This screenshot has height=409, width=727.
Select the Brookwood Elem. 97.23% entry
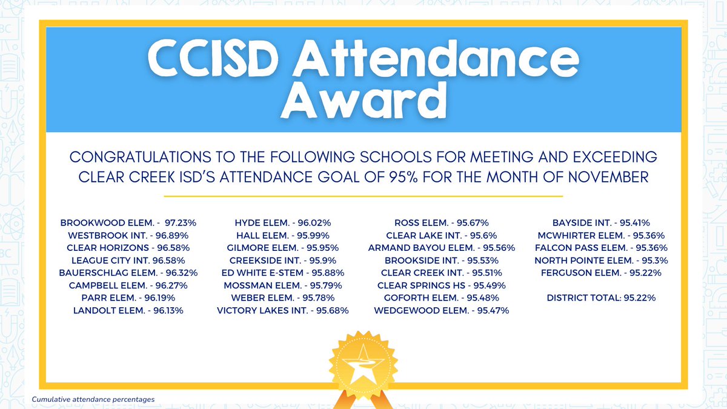click(x=129, y=223)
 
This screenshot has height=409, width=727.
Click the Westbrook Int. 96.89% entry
click(x=128, y=235)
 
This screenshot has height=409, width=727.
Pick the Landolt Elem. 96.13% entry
click(x=128, y=310)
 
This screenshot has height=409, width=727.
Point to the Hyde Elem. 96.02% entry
click(x=283, y=223)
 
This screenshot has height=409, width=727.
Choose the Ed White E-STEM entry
click(x=283, y=273)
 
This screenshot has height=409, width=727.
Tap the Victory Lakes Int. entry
click(x=283, y=310)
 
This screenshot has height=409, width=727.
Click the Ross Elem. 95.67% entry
click(x=442, y=223)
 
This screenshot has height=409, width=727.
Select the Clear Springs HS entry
click(x=442, y=285)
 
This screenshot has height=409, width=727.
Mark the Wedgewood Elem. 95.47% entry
click(x=442, y=310)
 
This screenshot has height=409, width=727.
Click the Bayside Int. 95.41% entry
click(x=601, y=223)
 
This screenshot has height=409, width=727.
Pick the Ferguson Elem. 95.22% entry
click(x=601, y=273)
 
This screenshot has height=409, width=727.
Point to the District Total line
click(x=601, y=298)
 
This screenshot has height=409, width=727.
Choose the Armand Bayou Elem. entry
click(x=442, y=248)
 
